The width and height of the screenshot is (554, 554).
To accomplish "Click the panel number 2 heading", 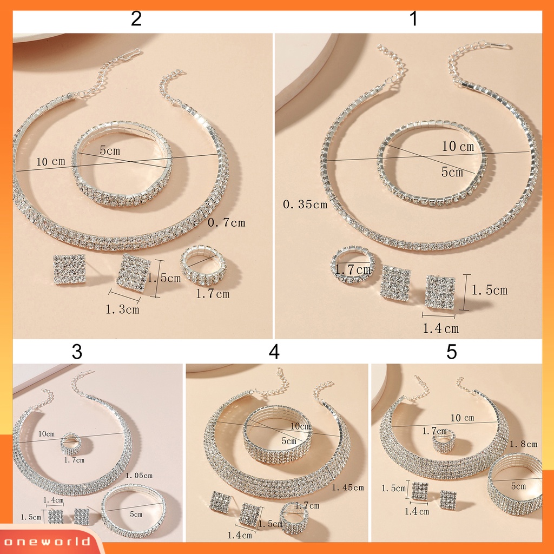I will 136,19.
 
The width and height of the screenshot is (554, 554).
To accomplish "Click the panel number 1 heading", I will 414,19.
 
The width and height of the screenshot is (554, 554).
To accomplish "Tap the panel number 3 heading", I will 77,352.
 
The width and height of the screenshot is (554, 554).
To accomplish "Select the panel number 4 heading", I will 274,352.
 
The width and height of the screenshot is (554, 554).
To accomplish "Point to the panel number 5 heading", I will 452,352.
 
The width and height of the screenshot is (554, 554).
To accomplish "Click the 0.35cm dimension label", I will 305,205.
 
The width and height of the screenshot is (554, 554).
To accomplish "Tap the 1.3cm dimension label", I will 122,309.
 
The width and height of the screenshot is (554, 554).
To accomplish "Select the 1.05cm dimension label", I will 139,475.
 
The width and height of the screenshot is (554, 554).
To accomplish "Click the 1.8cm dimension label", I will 524,444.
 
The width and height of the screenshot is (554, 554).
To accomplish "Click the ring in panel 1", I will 352,265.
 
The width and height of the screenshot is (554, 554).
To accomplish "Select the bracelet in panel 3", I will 133,510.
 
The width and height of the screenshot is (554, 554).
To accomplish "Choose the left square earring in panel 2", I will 69,270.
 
